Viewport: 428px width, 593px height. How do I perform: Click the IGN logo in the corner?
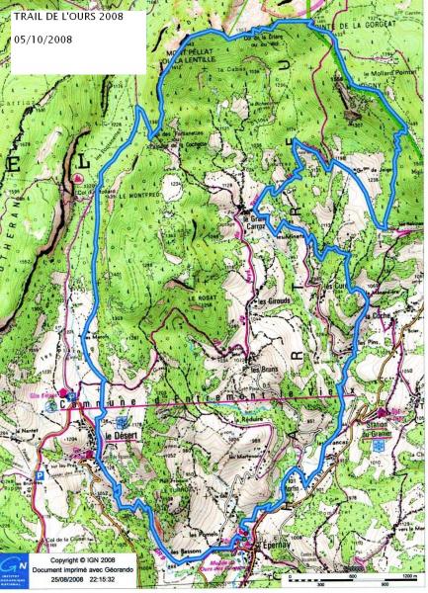pos(17,570)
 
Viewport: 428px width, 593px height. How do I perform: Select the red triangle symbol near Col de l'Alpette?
pos(78,177)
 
